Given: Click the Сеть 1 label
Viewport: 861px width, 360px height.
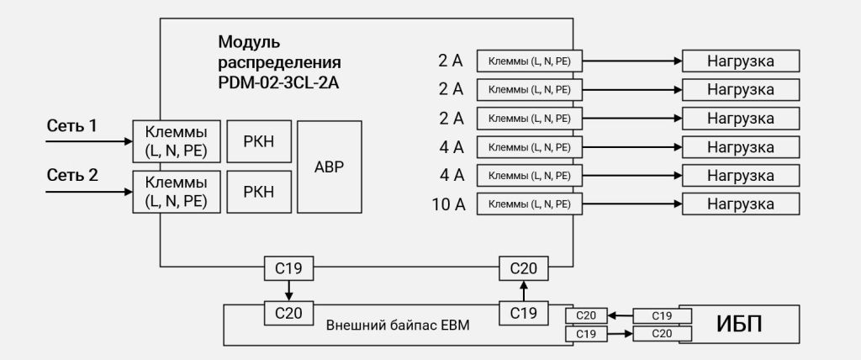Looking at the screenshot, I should coord(71,126).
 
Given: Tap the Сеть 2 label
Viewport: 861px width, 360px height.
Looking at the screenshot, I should coord(71,176).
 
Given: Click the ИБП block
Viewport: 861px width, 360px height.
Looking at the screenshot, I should coord(740,324).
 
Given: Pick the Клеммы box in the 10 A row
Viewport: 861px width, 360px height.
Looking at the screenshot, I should coord(529,204).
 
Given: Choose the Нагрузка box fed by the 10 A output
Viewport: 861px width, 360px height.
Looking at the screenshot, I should coord(740,204).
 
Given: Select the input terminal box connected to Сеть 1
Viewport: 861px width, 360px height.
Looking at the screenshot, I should coord(176,142).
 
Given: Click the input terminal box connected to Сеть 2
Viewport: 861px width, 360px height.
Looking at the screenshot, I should coord(176,192).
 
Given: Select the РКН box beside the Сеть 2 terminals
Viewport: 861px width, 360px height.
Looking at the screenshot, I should coord(258,192).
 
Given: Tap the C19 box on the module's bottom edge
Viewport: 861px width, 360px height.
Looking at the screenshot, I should coord(288,268).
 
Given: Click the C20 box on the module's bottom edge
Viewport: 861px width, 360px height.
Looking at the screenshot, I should coord(523,268).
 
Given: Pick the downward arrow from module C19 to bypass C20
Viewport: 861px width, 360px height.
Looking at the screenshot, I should coord(288,290).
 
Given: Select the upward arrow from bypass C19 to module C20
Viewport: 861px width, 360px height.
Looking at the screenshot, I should coord(523,290).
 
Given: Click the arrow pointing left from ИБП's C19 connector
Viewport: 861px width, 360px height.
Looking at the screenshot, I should coord(620,315).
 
